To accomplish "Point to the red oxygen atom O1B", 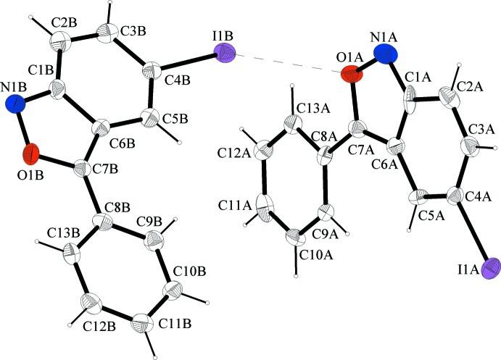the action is coord(31,154).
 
